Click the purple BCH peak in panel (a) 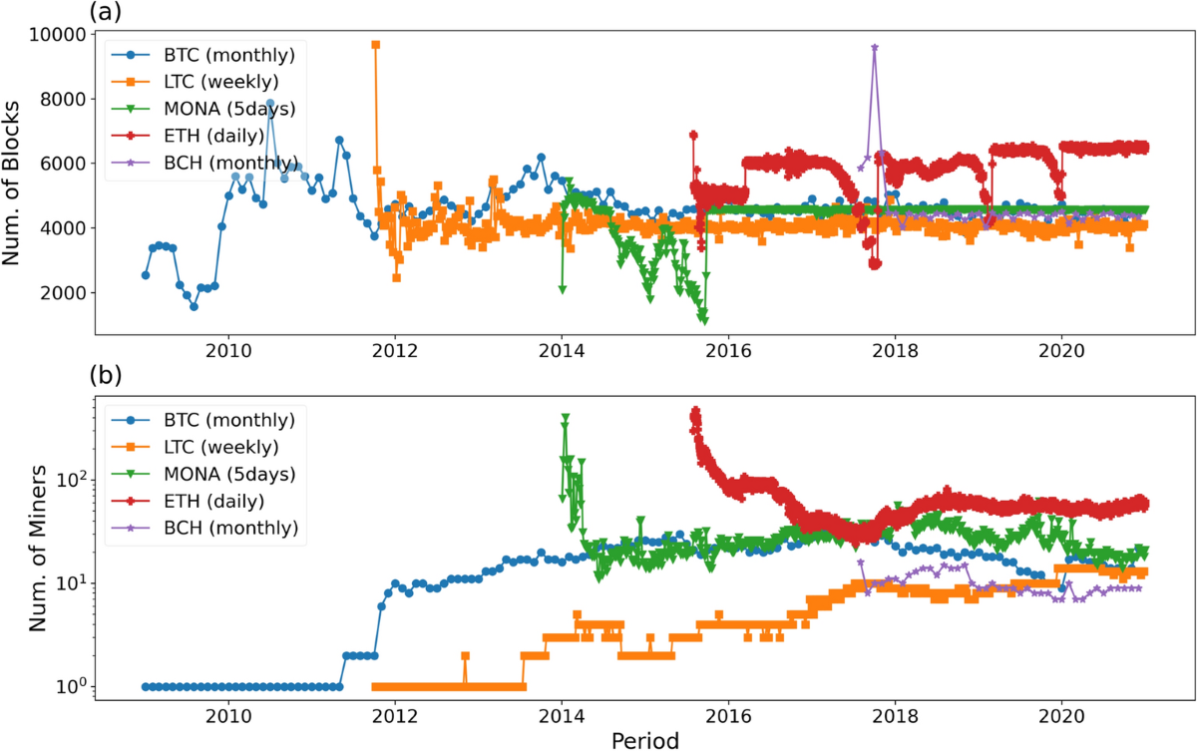[875, 47]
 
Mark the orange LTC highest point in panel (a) [375, 45]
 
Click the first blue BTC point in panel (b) [146, 686]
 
